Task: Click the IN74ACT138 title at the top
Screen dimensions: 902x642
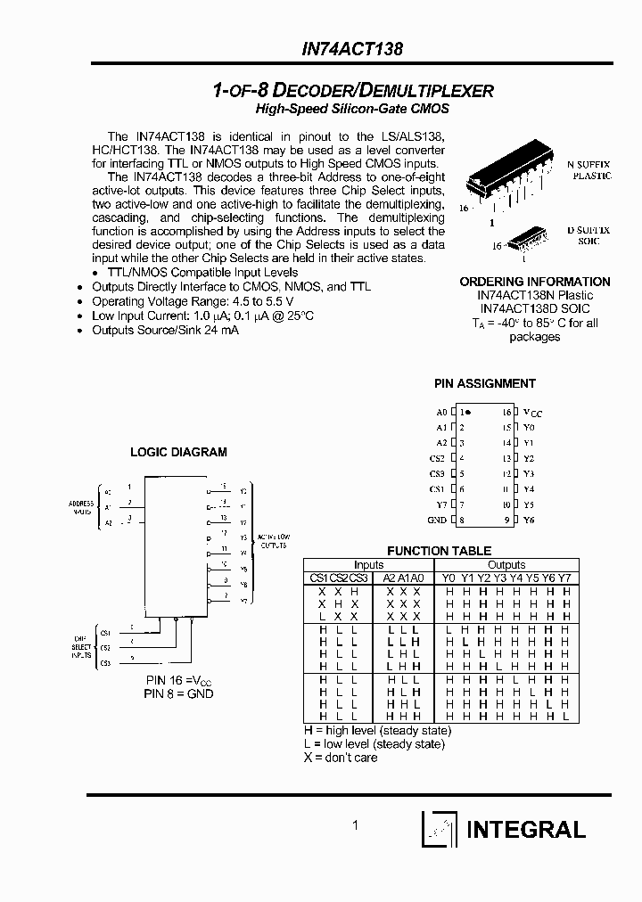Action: point(351,51)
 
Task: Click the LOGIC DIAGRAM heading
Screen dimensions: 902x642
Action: point(178,452)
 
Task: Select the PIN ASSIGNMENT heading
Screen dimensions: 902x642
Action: point(485,383)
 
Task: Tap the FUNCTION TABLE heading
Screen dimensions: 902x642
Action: point(439,551)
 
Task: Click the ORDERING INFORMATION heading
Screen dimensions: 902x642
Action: point(535,282)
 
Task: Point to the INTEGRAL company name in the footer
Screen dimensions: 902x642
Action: point(526,830)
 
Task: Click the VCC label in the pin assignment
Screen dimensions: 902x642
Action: point(532,413)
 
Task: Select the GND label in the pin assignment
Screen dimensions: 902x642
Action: point(437,520)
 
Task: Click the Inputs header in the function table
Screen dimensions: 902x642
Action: point(368,564)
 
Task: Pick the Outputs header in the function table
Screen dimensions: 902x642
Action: point(506,564)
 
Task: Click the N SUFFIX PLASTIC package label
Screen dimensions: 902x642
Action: point(589,170)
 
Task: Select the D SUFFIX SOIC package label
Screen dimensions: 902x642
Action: point(589,235)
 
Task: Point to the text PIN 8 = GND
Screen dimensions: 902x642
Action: point(180,693)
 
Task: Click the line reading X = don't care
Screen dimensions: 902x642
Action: point(341,758)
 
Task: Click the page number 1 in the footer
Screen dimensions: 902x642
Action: point(355,826)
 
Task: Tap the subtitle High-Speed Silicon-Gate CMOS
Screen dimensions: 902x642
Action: point(352,109)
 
